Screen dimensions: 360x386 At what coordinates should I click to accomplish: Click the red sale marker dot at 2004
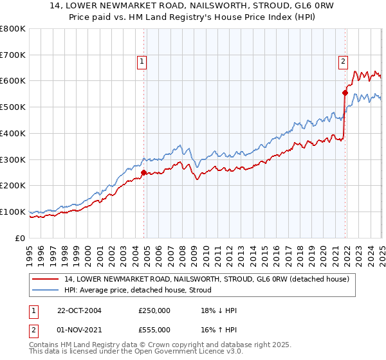pyautogui.click(x=144, y=172)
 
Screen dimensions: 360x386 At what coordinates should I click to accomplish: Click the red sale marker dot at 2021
pyautogui.click(x=345, y=93)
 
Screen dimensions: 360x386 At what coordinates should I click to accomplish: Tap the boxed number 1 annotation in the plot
pyautogui.click(x=142, y=62)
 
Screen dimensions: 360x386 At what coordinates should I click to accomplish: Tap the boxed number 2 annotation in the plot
pyautogui.click(x=343, y=62)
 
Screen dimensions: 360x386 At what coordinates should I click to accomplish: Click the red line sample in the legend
pyautogui.click(x=46, y=279)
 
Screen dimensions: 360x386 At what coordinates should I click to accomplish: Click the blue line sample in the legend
pyautogui.click(x=46, y=290)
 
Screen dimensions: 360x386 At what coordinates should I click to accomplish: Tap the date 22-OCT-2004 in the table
pyautogui.click(x=80, y=310)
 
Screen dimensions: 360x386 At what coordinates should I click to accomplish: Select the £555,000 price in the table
pyautogui.click(x=154, y=329)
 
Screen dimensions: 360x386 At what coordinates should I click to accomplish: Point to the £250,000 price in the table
pyautogui.click(x=154, y=310)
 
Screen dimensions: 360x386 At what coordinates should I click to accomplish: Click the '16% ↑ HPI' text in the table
pyautogui.click(x=219, y=329)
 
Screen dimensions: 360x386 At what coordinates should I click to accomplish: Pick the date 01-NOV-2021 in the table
pyautogui.click(x=80, y=329)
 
